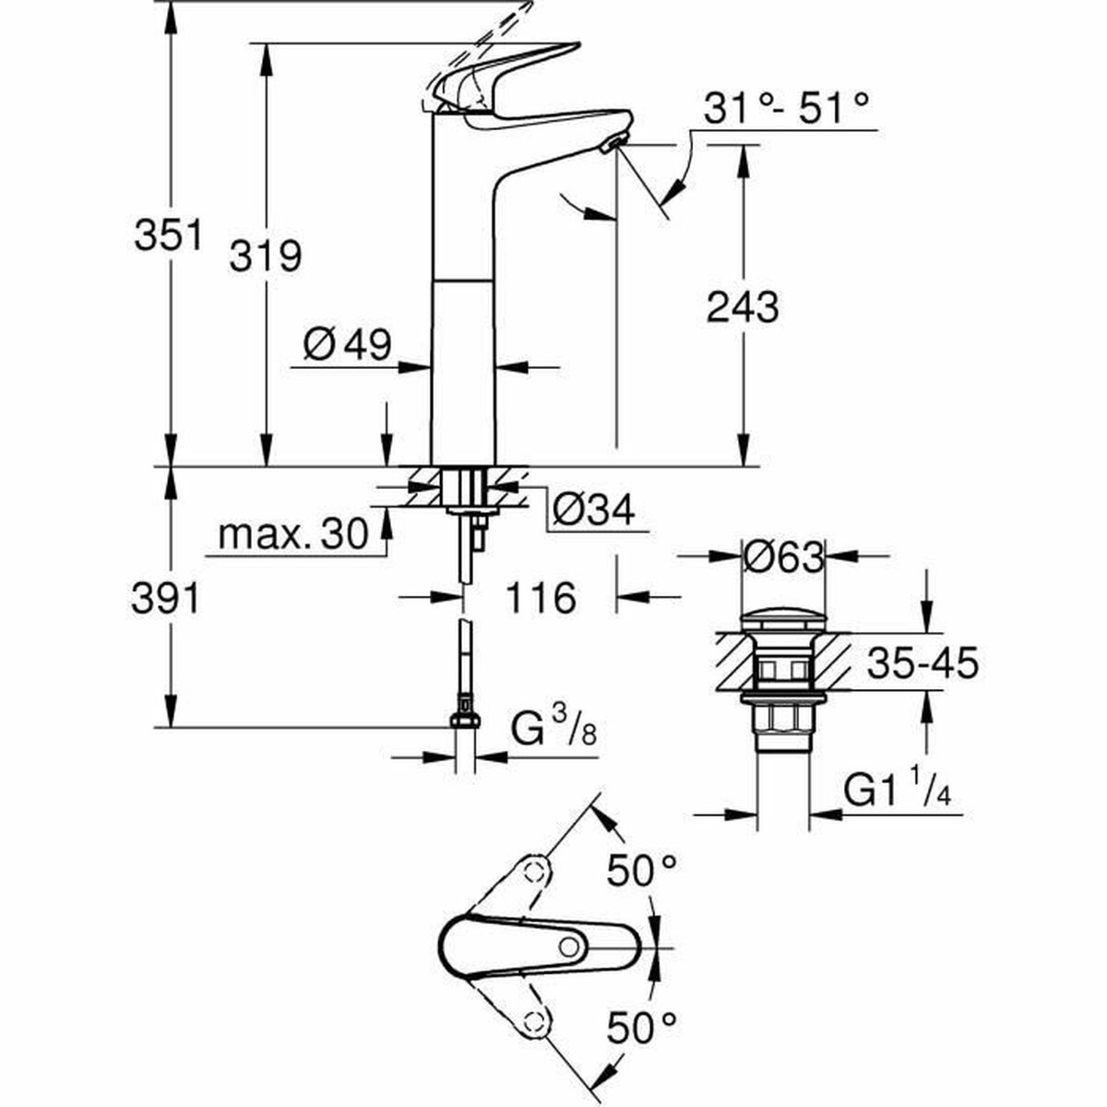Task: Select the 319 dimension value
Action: pos(266,255)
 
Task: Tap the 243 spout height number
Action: pos(743,306)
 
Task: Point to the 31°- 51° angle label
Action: pos(787,109)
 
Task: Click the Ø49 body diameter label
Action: pos(348,345)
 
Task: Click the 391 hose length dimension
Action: pos(167,599)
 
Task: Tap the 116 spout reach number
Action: pos(540,598)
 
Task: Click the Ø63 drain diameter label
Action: pos(783,557)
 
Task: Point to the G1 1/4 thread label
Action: pos(898,790)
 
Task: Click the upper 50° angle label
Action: pos(642,870)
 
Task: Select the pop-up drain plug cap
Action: pos(782,617)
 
